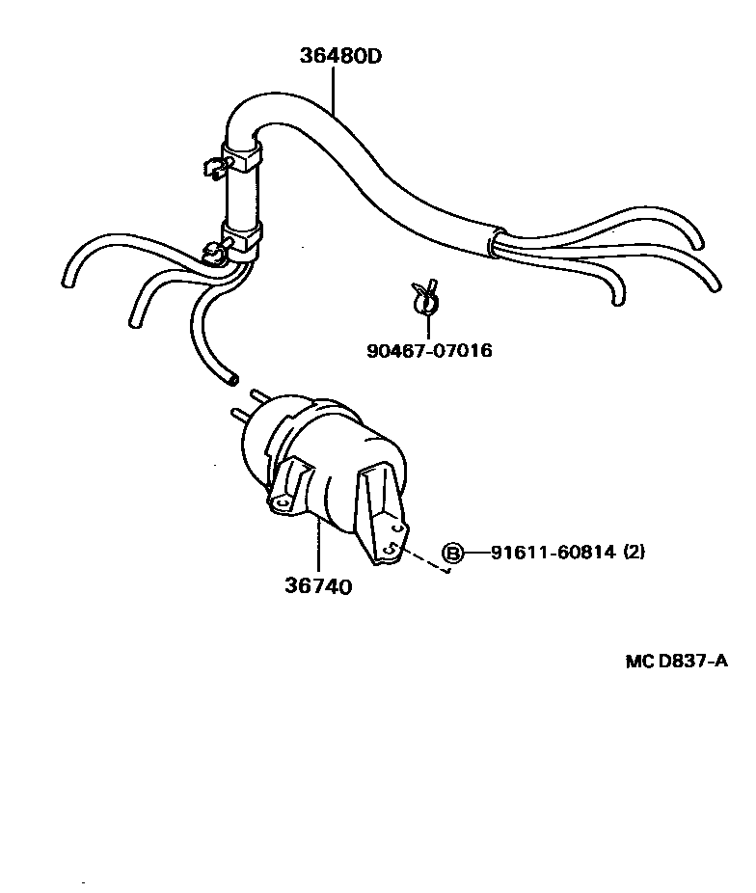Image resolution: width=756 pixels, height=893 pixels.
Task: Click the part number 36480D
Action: [x=339, y=55]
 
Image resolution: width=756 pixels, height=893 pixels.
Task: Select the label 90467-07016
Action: [x=429, y=350]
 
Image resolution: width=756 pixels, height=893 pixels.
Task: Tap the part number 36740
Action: [x=317, y=585]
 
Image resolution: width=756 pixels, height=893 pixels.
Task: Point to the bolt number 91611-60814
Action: [x=551, y=553]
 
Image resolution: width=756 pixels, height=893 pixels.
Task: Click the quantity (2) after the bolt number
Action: [x=634, y=553]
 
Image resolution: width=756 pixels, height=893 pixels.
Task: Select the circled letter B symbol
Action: [x=452, y=553]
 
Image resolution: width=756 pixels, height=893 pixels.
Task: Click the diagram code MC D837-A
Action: [x=675, y=661]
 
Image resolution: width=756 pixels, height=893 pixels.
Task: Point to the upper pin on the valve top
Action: [x=257, y=395]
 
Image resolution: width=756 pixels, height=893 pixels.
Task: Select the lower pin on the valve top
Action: [x=234, y=415]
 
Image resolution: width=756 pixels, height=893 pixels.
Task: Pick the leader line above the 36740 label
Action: [x=317, y=545]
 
